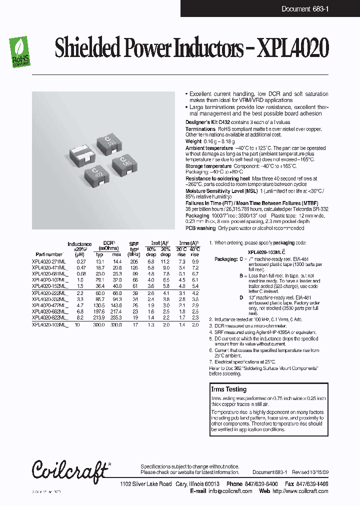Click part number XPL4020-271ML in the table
[48, 261]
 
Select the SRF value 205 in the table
[133, 261]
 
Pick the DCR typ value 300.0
[100, 325]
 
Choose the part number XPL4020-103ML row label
[49, 325]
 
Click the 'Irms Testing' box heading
[228, 389]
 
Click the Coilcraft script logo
[70, 469]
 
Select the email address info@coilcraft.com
[230, 491]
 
